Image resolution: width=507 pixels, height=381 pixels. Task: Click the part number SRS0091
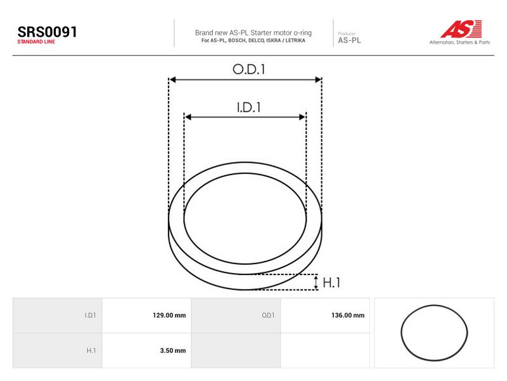tap(47, 32)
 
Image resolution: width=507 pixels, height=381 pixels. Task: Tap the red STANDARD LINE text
tap(36, 42)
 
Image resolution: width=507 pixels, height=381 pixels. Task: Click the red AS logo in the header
tap(461, 29)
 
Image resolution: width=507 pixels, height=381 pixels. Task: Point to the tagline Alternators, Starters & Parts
tap(459, 42)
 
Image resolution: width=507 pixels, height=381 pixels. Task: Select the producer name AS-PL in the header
tap(349, 41)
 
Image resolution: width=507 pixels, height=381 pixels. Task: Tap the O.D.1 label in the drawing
tap(248, 69)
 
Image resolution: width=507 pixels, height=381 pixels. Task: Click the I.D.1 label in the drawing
tap(248, 107)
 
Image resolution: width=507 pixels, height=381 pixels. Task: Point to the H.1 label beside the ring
tap(331, 283)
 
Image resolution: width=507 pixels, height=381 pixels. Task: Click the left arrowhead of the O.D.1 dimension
tap(172, 80)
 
